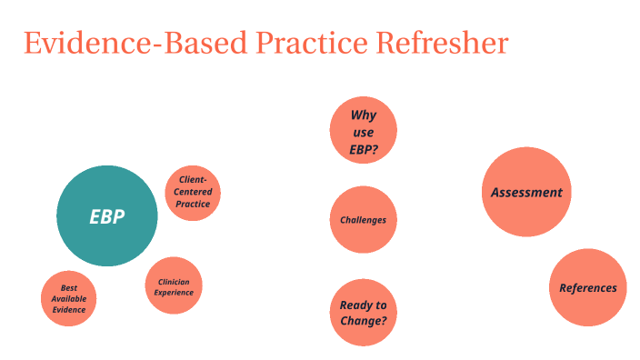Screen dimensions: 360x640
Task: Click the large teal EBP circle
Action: (x=107, y=216)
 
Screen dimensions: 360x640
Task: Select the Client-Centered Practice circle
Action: (x=193, y=193)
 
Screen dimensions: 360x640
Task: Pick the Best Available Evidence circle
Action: (x=68, y=299)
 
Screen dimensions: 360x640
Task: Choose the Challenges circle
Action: (x=363, y=220)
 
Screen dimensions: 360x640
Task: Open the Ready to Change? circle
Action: (x=363, y=313)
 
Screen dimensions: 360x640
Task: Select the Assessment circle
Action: (x=526, y=192)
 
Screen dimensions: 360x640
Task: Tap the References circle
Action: (x=588, y=288)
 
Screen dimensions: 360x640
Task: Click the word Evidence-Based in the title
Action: (x=137, y=44)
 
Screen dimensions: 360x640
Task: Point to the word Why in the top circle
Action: (x=364, y=115)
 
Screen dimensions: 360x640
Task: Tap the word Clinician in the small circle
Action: (x=174, y=282)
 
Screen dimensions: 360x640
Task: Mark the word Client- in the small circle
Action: (x=193, y=180)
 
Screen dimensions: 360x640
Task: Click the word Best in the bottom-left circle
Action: (x=69, y=288)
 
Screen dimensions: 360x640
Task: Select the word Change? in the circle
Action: (x=363, y=321)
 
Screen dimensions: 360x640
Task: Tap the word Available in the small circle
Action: (x=68, y=299)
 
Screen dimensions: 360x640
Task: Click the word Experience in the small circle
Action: (x=174, y=293)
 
